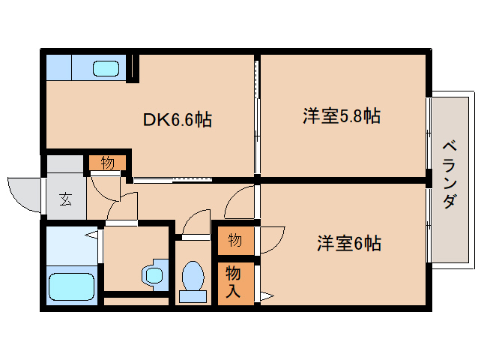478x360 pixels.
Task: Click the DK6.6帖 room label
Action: (x=177, y=118)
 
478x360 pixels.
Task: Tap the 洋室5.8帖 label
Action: (x=341, y=116)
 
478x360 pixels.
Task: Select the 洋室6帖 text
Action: (x=348, y=244)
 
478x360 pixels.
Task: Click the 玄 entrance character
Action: (x=65, y=199)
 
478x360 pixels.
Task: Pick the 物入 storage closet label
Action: (x=234, y=282)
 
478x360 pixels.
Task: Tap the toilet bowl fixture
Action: (x=193, y=280)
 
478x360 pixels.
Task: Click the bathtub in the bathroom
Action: (x=71, y=287)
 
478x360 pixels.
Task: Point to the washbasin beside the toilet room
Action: (x=154, y=274)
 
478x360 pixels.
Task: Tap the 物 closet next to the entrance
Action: (x=107, y=163)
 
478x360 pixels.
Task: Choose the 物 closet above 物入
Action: (x=235, y=240)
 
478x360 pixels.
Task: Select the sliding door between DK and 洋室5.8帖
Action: (x=257, y=116)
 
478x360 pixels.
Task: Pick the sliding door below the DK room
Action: (x=172, y=180)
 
